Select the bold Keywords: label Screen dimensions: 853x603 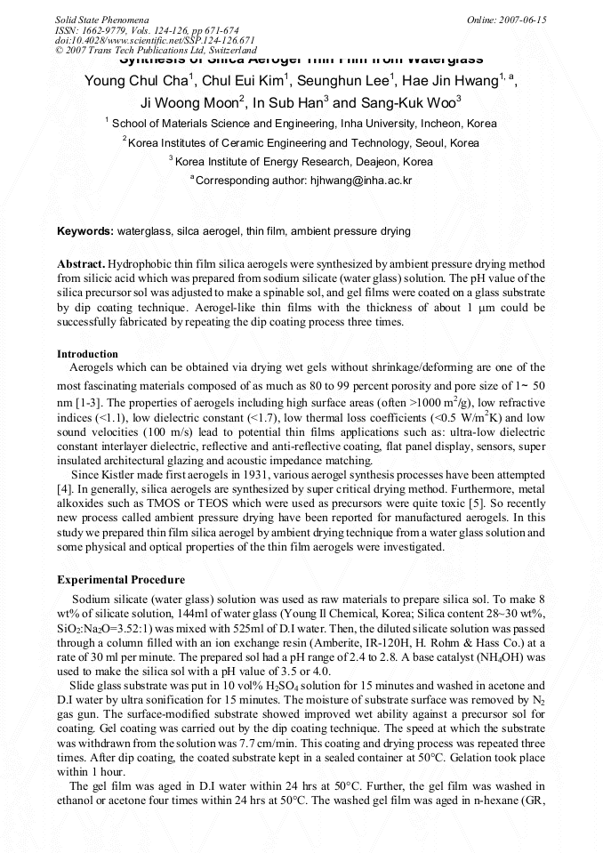pyautogui.click(x=85, y=231)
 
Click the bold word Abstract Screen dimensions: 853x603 pyautogui.click(x=80, y=266)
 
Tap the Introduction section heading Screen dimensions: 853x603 pyautogui.click(x=87, y=354)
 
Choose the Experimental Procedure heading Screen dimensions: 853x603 pyautogui.click(x=121, y=580)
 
